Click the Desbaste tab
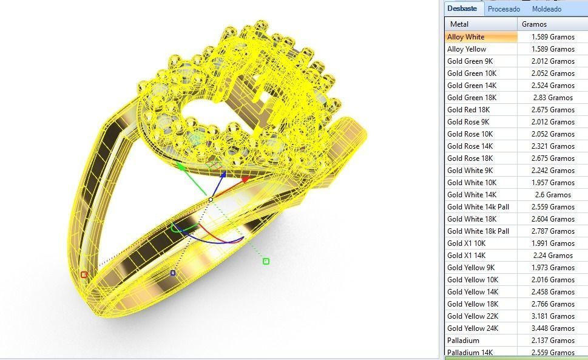point(464,9)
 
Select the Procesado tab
point(504,9)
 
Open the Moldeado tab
point(547,9)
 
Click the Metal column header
point(459,24)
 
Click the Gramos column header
point(535,24)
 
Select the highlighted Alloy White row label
point(466,37)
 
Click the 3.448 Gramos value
point(553,328)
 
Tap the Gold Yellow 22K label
point(473,316)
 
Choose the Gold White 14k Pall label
point(478,207)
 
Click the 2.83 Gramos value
point(553,98)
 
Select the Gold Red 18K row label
point(468,110)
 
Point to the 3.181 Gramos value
point(553,316)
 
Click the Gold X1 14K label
point(467,256)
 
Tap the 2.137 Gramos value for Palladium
point(553,341)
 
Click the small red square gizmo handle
point(84,274)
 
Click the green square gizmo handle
point(266,261)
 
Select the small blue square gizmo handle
point(173,273)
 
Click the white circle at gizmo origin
point(211,199)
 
